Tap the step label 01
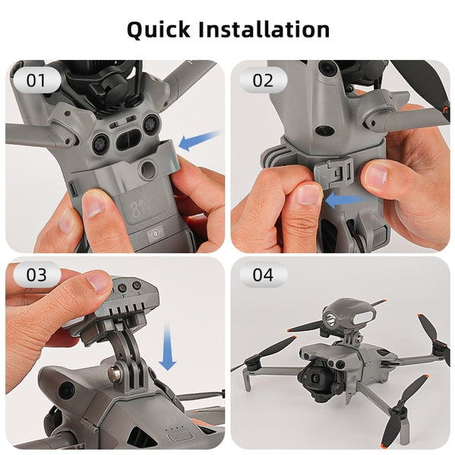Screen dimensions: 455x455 (x=36, y=80)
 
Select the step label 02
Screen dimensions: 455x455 (x=263, y=80)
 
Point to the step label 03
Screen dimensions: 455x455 (x=36, y=275)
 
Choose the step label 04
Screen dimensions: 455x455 (x=263, y=275)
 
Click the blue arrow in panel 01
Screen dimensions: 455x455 (x=199, y=140)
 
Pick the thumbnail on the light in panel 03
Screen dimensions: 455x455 (x=98, y=281)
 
